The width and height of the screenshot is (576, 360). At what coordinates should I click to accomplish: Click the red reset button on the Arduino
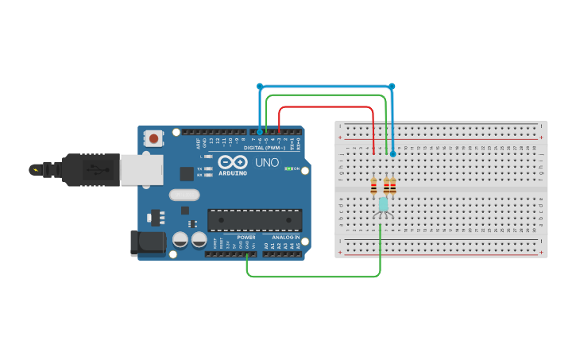pos(153,138)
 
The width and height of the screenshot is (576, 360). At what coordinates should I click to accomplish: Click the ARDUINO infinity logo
pos(233,163)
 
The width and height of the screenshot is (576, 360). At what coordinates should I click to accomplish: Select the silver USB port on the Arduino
pos(141,169)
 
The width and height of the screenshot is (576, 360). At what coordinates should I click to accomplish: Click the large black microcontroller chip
pos(254,220)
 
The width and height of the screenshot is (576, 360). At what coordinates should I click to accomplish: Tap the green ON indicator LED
pos(289,168)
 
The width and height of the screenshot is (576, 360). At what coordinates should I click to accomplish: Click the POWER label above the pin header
pos(246,237)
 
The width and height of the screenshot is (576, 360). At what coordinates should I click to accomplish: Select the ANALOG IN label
pos(287,237)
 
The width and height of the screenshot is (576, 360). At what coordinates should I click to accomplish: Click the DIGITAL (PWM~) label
pos(265,148)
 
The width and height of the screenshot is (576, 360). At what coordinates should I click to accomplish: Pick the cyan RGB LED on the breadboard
pos(383,204)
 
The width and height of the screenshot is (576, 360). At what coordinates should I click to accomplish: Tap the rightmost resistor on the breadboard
pos(392,186)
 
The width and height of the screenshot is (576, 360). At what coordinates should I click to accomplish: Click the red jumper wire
pos(326,106)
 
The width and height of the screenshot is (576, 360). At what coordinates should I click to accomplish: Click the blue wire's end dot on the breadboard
pos(392,153)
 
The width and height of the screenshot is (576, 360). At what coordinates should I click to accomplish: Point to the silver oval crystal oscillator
pos(184,194)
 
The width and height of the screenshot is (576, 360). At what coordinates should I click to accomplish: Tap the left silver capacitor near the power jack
pos(180,238)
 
